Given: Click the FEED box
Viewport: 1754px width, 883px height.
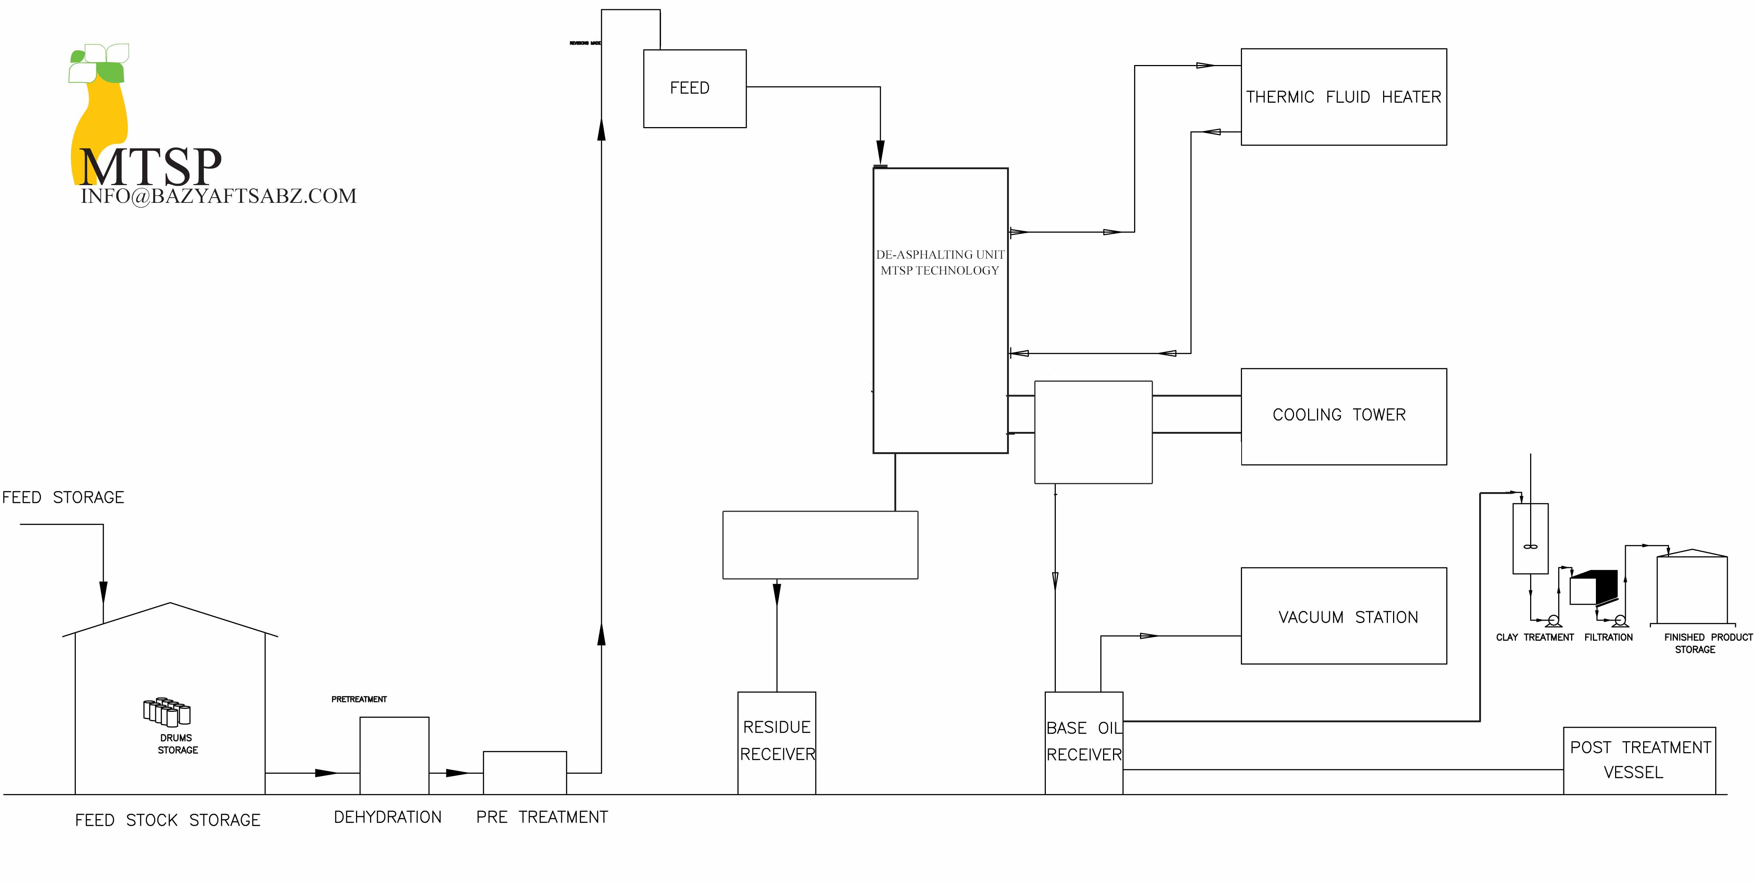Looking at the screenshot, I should click(695, 89).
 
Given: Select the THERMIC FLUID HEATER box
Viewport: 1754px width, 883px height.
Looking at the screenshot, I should click(1344, 97).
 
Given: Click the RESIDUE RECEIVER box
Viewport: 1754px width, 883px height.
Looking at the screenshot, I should click(777, 742).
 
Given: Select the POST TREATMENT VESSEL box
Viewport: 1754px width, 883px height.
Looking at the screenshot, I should click(1639, 760).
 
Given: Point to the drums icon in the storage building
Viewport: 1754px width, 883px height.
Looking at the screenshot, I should click(167, 712).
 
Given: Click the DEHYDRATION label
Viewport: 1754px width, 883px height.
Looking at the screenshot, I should click(388, 817).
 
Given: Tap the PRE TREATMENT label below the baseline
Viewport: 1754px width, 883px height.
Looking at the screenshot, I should click(542, 817).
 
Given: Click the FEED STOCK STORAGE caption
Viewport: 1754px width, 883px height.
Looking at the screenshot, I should click(167, 820).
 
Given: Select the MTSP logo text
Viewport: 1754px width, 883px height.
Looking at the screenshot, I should click(150, 167).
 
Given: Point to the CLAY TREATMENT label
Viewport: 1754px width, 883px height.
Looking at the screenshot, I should click(1535, 637).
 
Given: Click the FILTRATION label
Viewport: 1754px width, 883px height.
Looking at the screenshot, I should click(1608, 637).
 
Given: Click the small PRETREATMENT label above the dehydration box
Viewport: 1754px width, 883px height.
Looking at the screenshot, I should click(359, 699).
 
